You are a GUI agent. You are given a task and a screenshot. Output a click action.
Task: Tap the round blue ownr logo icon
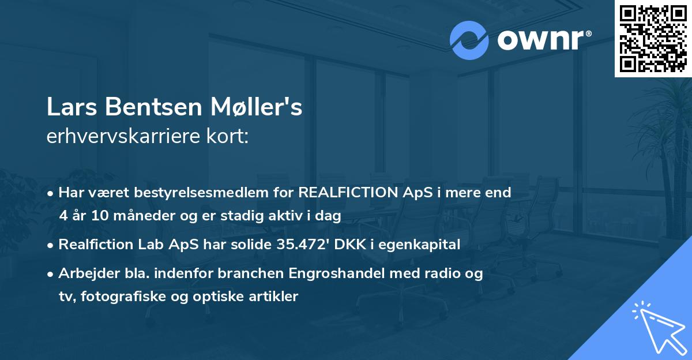[x=469, y=40]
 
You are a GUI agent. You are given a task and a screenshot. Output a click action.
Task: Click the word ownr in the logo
[x=543, y=40]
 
